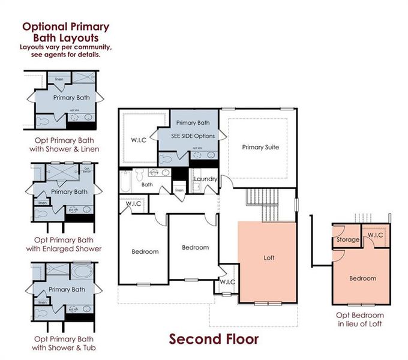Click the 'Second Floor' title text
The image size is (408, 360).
click(x=214, y=339)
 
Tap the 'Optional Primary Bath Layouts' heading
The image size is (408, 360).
click(x=65, y=32)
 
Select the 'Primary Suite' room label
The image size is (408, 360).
click(x=260, y=147)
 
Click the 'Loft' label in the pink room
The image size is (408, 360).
click(x=269, y=259)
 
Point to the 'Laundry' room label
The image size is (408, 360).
click(x=205, y=179)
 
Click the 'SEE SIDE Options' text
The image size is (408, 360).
click(x=193, y=136)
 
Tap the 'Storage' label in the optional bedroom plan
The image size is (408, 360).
click(x=347, y=239)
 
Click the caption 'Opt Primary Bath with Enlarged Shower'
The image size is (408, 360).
click(x=64, y=244)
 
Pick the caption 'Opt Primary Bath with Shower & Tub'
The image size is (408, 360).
click(x=64, y=343)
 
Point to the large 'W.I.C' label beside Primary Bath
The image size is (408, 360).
click(x=139, y=141)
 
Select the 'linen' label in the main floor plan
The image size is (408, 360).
click(x=179, y=191)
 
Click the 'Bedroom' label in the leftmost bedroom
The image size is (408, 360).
click(x=145, y=251)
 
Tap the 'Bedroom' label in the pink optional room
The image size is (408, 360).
click(x=362, y=278)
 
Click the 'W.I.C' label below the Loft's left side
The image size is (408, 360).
click(x=228, y=281)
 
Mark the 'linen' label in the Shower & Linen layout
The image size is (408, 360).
click(x=59, y=79)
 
